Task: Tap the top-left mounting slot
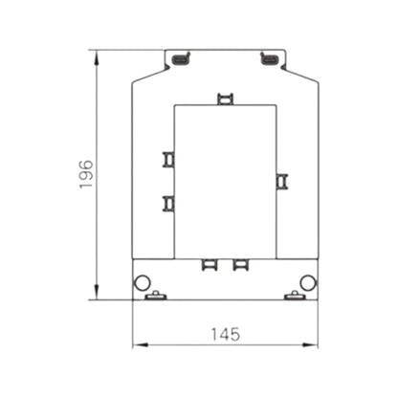(x=180, y=61)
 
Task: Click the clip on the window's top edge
(x=225, y=99)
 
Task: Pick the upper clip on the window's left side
(x=168, y=159)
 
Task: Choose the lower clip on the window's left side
(x=168, y=203)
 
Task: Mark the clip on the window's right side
(x=281, y=181)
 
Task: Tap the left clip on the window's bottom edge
(x=209, y=264)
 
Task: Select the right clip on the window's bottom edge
(x=241, y=264)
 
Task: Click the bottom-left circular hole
(x=142, y=282)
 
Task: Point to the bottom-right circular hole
(x=307, y=282)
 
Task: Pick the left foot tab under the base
(x=155, y=297)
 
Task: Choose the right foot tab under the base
(x=295, y=297)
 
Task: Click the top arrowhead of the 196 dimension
(x=98, y=55)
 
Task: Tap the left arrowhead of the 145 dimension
(x=136, y=345)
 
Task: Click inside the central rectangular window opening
(x=225, y=182)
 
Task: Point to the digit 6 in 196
(x=85, y=164)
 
